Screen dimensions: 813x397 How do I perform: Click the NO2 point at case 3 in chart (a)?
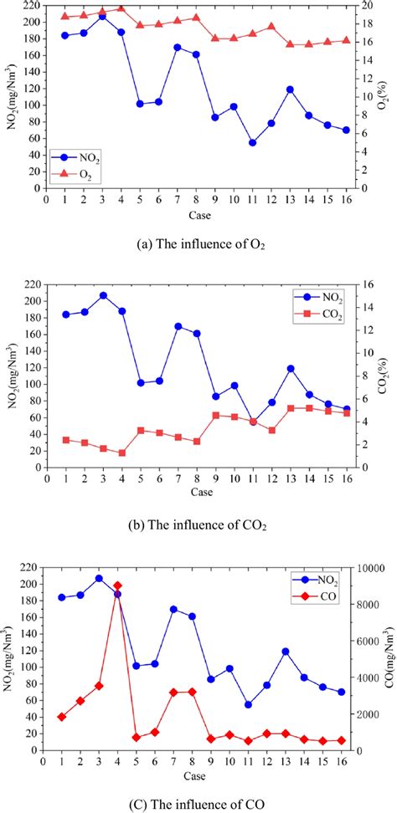[102, 16]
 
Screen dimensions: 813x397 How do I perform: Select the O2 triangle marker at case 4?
[121, 8]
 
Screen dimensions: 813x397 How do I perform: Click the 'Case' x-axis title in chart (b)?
[201, 491]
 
